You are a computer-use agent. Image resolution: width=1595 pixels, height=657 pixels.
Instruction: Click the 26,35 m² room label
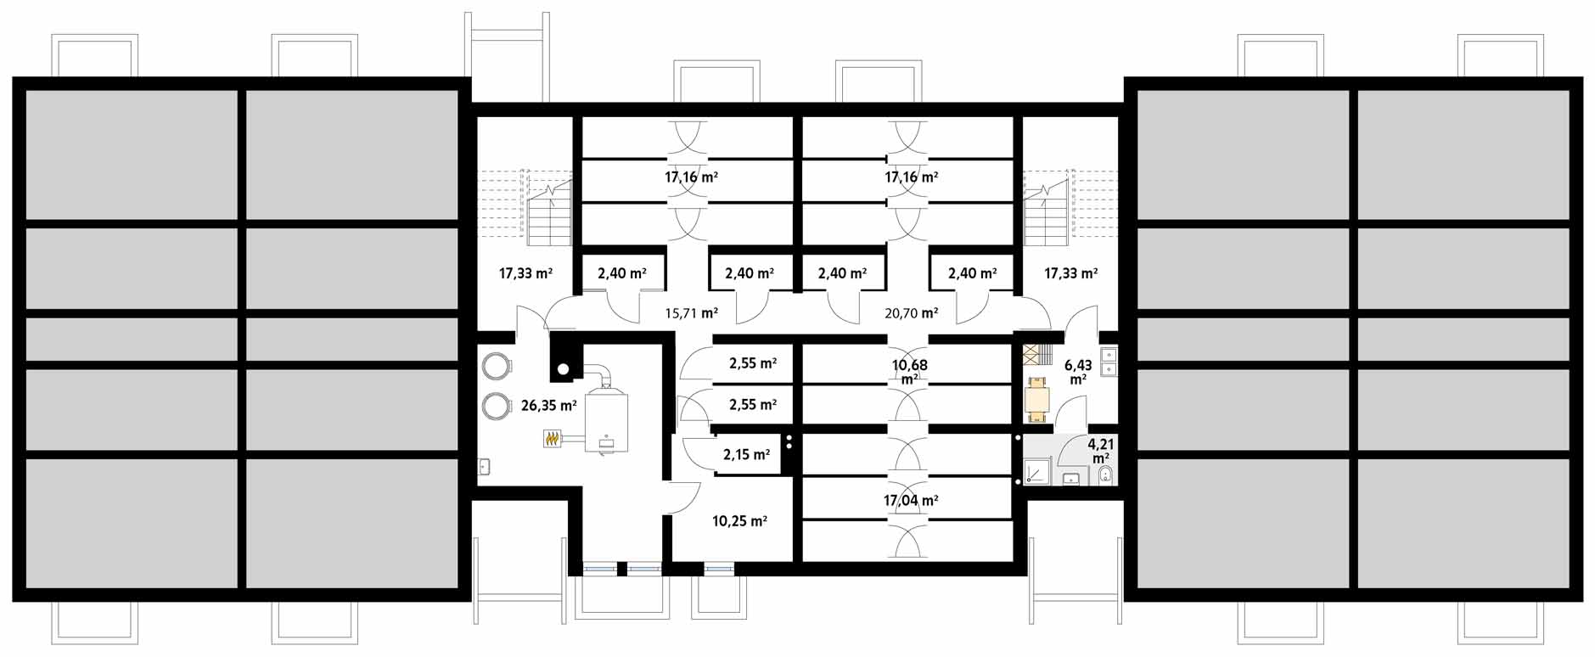tap(548, 406)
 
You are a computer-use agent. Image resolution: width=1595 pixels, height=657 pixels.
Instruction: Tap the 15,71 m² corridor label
tap(691, 313)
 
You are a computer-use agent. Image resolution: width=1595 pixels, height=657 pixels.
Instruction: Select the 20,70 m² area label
tap(911, 313)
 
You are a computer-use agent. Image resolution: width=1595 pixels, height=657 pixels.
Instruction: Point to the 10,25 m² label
tap(739, 521)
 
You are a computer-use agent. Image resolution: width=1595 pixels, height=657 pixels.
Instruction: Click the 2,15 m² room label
tap(746, 455)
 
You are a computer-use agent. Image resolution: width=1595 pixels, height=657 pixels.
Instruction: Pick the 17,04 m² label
tap(911, 501)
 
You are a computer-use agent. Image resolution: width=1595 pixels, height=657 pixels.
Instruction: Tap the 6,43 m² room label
tap(1078, 372)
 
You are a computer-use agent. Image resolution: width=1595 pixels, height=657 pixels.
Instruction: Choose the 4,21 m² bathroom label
tap(1101, 451)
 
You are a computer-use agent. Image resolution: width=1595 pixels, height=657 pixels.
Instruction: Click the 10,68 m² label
tap(909, 372)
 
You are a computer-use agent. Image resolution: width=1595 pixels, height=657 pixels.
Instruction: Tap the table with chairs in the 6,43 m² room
tap(1036, 399)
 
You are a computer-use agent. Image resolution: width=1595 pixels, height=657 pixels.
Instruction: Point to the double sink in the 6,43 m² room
tap(1108, 361)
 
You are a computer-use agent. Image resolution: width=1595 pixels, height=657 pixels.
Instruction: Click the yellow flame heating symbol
tap(553, 439)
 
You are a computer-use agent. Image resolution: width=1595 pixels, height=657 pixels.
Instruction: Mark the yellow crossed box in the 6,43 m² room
tap(1031, 353)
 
